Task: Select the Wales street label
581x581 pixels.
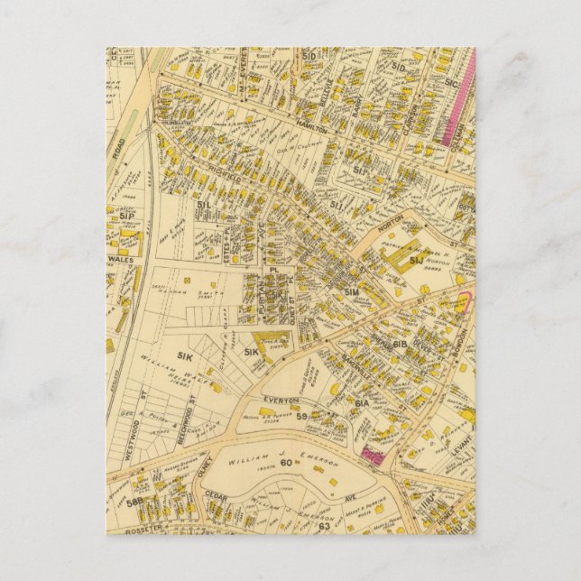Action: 119,257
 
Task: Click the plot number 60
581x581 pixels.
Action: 287,463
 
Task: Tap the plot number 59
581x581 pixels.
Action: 302,416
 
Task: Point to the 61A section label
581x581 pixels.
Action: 361,403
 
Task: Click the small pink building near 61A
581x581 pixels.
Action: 371,456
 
